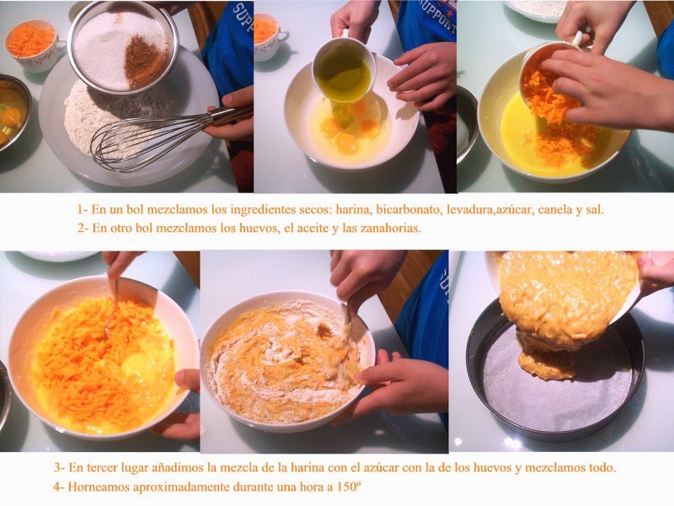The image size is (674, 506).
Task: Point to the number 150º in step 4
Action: (349, 487)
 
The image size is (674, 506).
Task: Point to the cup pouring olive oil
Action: (344, 69)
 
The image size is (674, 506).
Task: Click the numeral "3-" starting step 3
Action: (59, 467)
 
